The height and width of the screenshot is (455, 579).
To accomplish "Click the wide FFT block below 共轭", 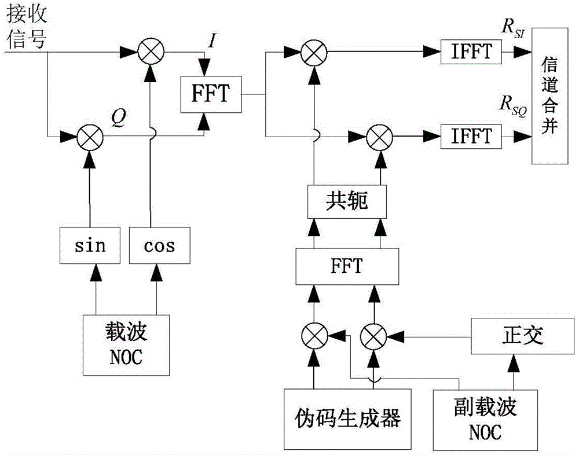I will pyautogui.click(x=346, y=266).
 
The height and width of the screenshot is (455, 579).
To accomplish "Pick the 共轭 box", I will pyautogui.click(x=346, y=203).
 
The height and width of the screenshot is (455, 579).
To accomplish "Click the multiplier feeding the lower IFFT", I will pyautogui.click(x=380, y=137).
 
